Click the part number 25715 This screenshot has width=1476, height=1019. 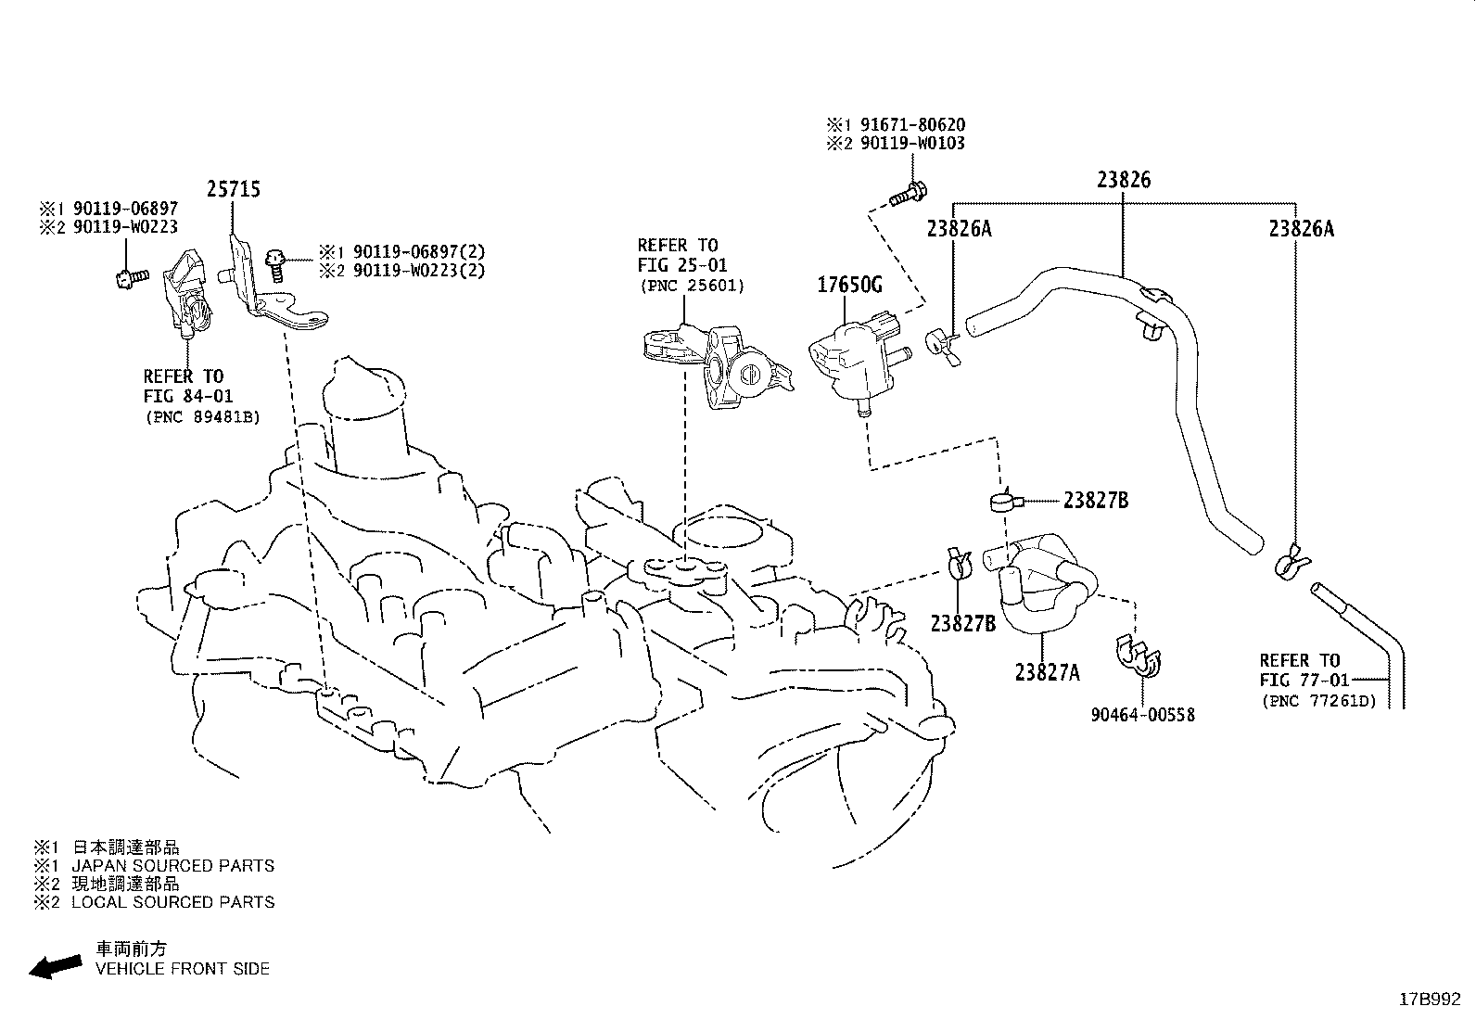[x=234, y=189]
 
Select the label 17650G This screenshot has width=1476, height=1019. [x=849, y=285]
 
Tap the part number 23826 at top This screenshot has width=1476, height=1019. [x=1124, y=179]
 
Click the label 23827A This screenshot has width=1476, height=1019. [x=1047, y=672]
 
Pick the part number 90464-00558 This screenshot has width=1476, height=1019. [x=1142, y=715]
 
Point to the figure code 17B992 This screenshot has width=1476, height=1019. [x=1430, y=1000]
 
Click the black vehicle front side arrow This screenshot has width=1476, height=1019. [x=56, y=966]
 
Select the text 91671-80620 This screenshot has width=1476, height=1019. [x=912, y=124]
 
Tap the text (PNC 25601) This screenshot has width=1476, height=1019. [x=692, y=286]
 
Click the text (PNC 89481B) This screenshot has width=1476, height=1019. [x=202, y=416]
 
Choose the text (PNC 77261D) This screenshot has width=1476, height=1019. [x=1319, y=701]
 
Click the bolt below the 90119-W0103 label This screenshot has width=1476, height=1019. [x=908, y=194]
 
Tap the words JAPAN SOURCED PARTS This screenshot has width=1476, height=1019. [x=172, y=865]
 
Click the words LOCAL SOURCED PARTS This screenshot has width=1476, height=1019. [x=172, y=901]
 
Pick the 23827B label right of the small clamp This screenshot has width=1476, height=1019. [x=1096, y=501]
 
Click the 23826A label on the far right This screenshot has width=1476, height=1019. [x=1302, y=229]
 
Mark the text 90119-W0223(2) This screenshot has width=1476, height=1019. [x=419, y=270]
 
